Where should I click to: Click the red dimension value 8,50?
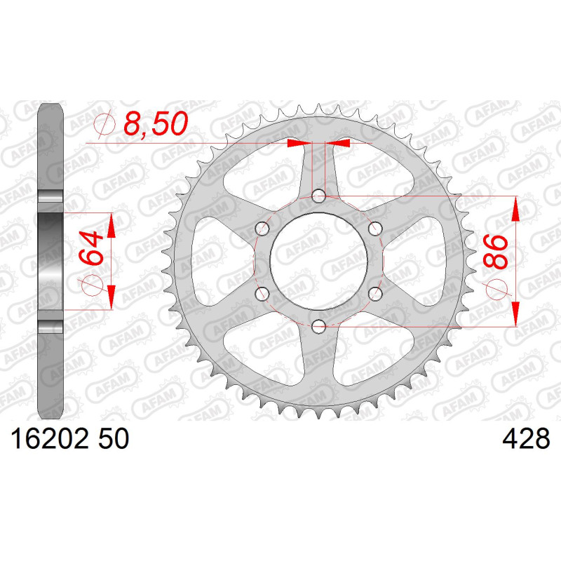(156, 124)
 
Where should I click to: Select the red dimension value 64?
(91, 248)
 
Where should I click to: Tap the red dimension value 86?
(496, 252)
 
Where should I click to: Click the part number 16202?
(49, 439)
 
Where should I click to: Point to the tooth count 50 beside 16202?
(113, 439)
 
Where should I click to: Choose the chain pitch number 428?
(526, 439)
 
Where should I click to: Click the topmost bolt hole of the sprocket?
(318, 196)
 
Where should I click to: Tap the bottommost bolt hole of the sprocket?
(318, 326)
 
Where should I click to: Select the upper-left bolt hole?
(262, 229)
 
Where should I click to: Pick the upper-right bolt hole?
(375, 229)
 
